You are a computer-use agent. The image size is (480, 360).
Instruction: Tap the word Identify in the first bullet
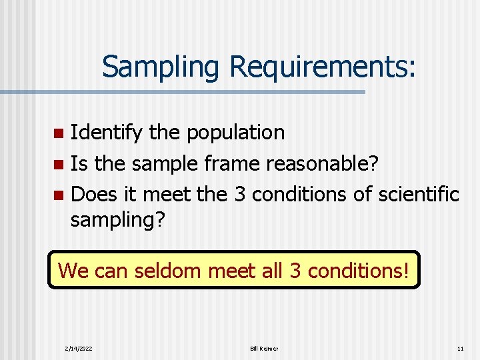pyautogui.click(x=106, y=133)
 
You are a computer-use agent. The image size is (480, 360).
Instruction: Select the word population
pyautogui.click(x=235, y=133)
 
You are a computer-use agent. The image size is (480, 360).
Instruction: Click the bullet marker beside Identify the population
pyautogui.click(x=59, y=133)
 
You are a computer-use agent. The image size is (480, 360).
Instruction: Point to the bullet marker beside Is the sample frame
pyautogui.click(x=59, y=164)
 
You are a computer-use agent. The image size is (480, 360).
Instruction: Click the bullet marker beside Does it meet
pyautogui.click(x=59, y=195)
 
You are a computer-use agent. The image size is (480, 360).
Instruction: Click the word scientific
pyautogui.click(x=419, y=194)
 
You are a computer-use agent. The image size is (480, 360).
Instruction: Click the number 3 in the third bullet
pyautogui.click(x=241, y=194)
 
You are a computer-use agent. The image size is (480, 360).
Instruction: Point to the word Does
pyautogui.click(x=94, y=194)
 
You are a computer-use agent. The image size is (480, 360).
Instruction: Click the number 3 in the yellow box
pyautogui.click(x=294, y=271)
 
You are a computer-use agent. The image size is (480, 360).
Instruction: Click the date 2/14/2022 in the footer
pyautogui.click(x=79, y=349)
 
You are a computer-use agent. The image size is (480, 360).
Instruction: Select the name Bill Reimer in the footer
pyautogui.click(x=264, y=349)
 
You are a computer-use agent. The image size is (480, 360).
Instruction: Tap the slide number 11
pyautogui.click(x=460, y=349)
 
